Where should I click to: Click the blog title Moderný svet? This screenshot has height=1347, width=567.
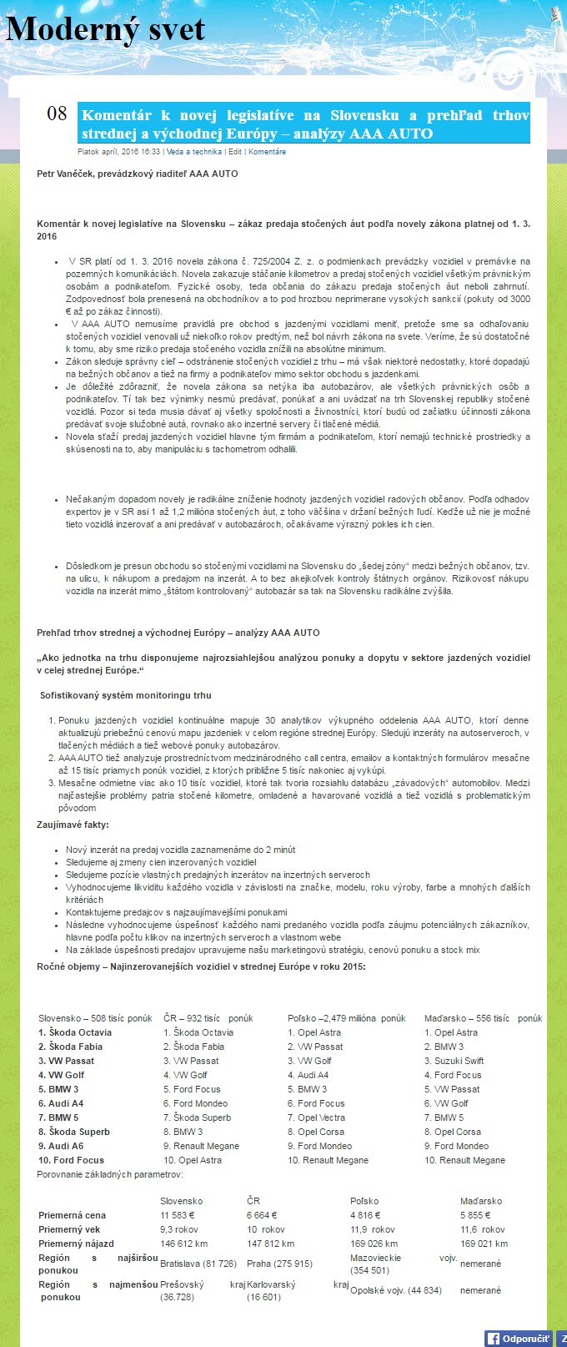105,30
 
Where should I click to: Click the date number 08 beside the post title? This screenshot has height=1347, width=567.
57,114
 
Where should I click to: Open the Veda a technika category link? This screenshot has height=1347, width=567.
193,152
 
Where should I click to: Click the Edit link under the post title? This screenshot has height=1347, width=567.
235,152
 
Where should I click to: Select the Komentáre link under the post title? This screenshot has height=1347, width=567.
267,152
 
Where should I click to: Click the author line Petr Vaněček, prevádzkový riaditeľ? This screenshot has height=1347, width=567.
138,174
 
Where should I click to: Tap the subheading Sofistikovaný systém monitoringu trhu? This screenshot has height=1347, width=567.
126,695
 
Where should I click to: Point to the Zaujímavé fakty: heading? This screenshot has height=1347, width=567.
72,825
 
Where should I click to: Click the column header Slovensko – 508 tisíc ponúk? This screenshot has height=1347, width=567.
95,1018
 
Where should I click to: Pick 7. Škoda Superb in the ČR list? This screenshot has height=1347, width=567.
198,1117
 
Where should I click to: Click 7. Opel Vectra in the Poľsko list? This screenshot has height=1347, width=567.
316,1117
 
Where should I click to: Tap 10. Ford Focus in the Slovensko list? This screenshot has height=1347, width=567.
71,1160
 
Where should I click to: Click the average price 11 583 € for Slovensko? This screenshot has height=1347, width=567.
178,1215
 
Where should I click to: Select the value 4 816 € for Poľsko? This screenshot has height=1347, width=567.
366,1215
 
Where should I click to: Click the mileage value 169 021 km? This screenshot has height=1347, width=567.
484,1244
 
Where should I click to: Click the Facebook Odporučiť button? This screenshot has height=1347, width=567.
519,1338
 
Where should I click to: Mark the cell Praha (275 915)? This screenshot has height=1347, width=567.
279,1264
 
